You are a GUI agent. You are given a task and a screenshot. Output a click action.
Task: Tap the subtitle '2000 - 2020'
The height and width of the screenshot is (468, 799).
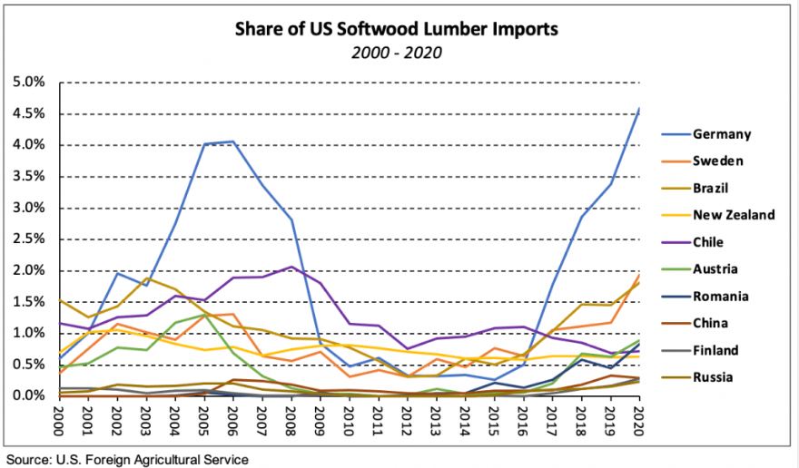[396, 52]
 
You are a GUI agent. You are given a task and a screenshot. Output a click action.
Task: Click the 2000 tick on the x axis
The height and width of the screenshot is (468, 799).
[61, 419]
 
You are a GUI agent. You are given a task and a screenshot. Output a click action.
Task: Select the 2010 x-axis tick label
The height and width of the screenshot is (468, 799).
[348, 419]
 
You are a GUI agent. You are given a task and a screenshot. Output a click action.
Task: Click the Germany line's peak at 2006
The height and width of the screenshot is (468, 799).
[233, 141]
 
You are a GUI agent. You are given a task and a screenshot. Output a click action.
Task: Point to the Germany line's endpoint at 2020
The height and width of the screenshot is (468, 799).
[637, 109]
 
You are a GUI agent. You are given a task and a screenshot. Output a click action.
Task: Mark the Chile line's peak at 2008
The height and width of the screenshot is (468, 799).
[291, 267]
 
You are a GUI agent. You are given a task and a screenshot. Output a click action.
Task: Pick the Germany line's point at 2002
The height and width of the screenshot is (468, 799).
[118, 273]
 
